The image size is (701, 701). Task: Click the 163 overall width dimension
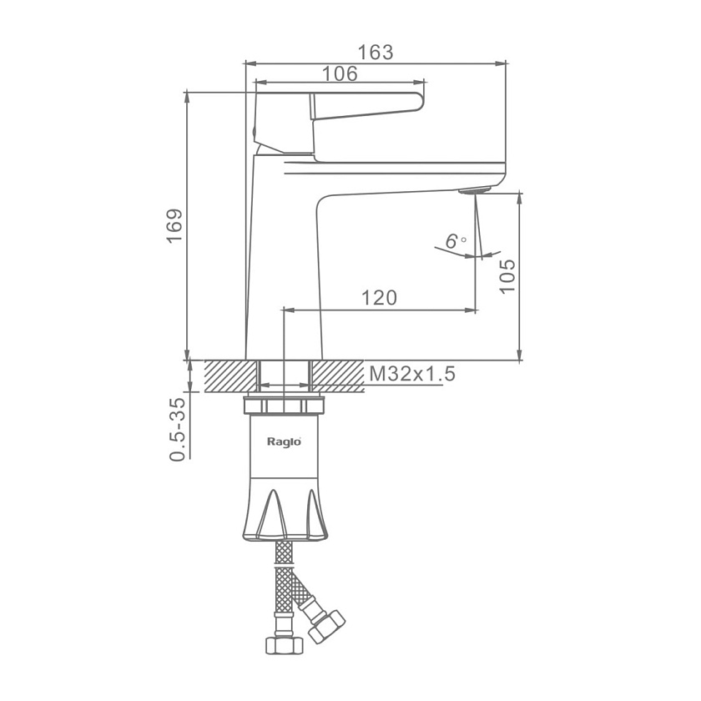point(376,53)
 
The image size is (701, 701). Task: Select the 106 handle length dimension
point(340,73)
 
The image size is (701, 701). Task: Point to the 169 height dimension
point(174,225)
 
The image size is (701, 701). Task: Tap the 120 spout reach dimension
point(379,298)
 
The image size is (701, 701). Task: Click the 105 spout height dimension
point(507,276)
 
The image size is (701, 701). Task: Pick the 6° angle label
point(455,241)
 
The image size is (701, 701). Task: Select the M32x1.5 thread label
point(411,374)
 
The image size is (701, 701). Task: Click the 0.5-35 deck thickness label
point(177,429)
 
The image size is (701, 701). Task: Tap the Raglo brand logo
point(284,441)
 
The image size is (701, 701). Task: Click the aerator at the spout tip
point(475,189)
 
